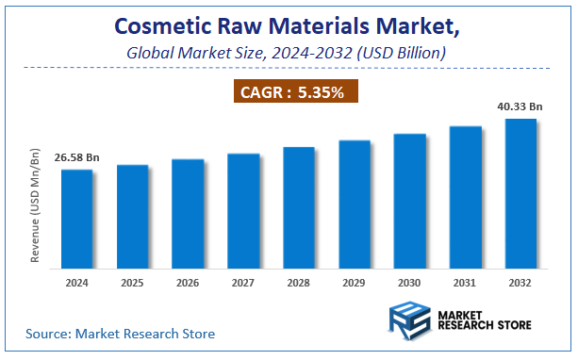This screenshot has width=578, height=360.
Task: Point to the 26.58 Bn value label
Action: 76,157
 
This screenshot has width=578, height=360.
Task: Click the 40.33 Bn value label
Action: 520,107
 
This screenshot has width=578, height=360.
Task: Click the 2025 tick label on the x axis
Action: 132,282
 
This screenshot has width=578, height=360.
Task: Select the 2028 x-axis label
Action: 299,282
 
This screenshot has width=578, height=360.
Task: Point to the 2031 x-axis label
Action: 465,282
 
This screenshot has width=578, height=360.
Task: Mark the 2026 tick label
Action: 188,282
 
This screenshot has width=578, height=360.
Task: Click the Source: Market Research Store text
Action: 121,334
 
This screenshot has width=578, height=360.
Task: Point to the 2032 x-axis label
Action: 520,282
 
